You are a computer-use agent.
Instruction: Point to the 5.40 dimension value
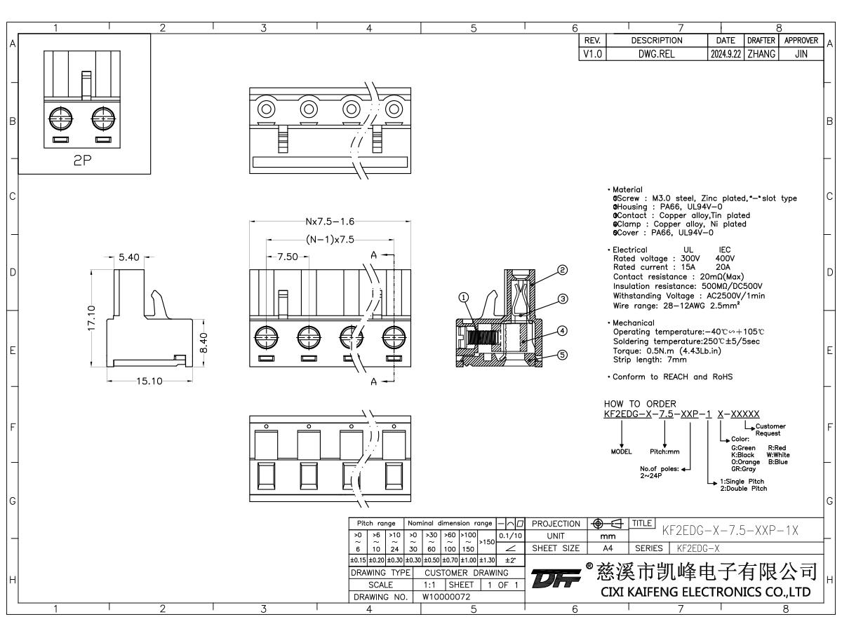129,257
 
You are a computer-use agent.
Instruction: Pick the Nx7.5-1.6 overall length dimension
330,222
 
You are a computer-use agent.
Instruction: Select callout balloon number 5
562,354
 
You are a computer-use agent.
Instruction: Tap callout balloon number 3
562,299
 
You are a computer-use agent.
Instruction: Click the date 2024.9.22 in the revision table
724,53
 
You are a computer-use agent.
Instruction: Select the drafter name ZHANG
761,53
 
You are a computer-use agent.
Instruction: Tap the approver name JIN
801,53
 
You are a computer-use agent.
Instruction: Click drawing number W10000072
446,597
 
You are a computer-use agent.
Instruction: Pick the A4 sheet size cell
608,548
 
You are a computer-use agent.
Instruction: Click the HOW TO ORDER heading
640,404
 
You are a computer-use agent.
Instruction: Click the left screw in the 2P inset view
62,118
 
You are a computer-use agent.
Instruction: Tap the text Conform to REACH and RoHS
671,376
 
